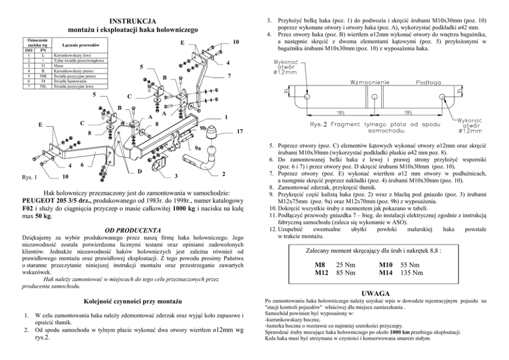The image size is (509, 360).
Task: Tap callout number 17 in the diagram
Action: [x=240, y=132]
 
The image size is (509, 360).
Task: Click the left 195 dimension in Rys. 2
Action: [x=341, y=112]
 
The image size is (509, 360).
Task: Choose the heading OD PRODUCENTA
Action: [x=133, y=230]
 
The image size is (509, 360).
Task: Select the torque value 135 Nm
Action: [x=412, y=273]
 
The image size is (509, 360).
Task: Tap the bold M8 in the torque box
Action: [x=320, y=264]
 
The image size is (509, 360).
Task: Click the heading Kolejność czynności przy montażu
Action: [x=133, y=300]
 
